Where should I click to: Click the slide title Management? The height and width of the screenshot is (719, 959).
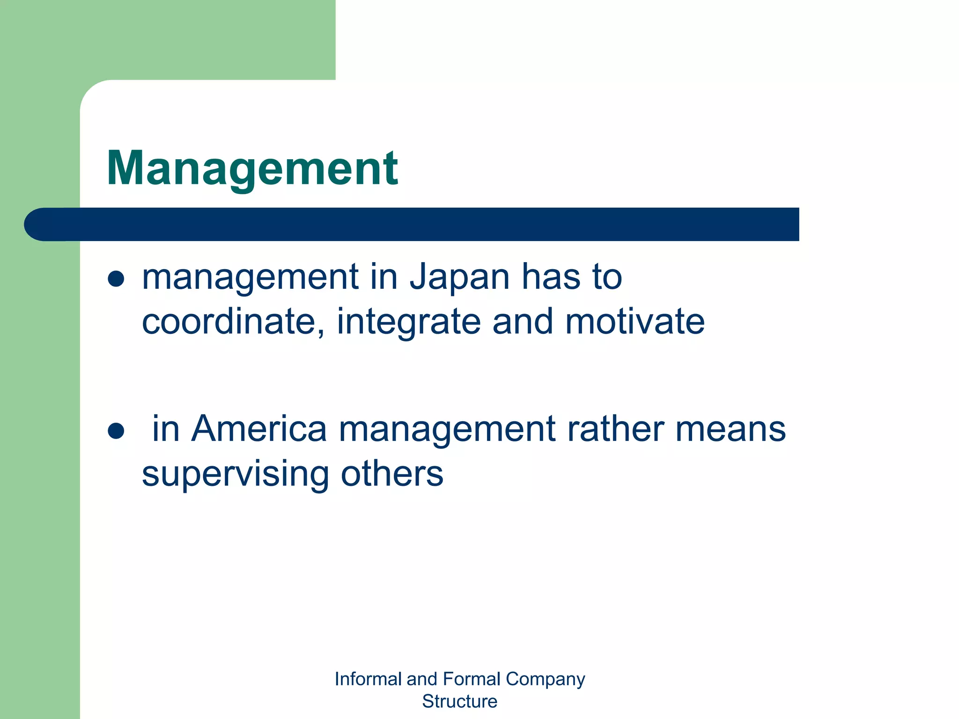(x=252, y=169)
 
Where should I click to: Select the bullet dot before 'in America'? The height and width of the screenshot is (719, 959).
(x=116, y=431)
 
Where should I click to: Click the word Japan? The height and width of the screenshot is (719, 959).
(x=459, y=278)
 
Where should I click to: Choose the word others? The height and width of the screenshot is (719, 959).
(x=391, y=474)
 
